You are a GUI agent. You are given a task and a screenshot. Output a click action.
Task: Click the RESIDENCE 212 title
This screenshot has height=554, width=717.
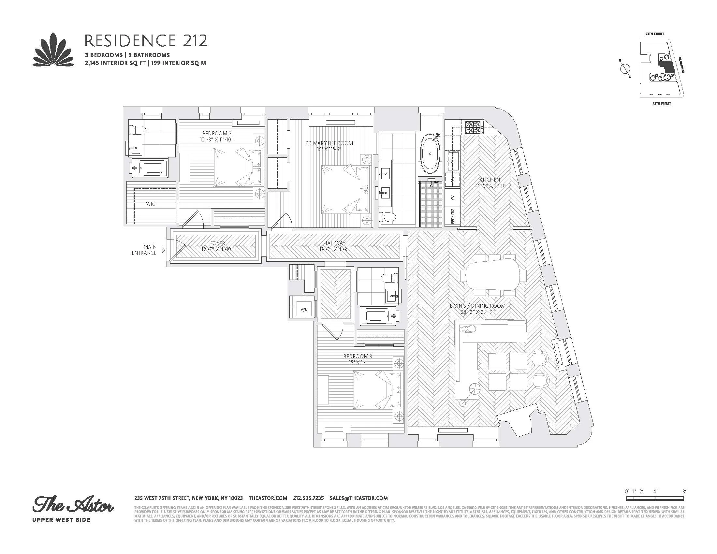point(146,41)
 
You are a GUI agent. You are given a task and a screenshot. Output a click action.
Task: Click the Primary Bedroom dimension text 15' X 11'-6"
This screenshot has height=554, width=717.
point(329,149)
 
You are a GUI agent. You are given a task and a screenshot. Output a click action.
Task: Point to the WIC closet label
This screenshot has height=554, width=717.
point(151,204)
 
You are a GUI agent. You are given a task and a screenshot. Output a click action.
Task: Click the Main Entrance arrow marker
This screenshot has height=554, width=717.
point(164,250)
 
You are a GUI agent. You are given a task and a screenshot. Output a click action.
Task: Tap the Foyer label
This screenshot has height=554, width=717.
point(217,243)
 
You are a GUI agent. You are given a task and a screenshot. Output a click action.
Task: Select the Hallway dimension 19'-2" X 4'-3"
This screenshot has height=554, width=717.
point(334,249)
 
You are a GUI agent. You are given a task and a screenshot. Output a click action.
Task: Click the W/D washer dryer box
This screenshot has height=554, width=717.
point(304,309)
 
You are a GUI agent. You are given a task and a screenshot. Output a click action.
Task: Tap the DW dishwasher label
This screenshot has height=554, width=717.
point(453,180)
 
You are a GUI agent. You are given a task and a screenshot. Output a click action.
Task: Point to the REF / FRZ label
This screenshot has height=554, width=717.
point(453,217)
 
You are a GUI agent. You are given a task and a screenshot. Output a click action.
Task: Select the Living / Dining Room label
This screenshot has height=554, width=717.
point(478,306)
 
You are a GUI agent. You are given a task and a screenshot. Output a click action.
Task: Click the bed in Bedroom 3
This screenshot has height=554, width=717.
point(377,390)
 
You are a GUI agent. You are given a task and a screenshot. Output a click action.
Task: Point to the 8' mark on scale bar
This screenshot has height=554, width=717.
point(684,501)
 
